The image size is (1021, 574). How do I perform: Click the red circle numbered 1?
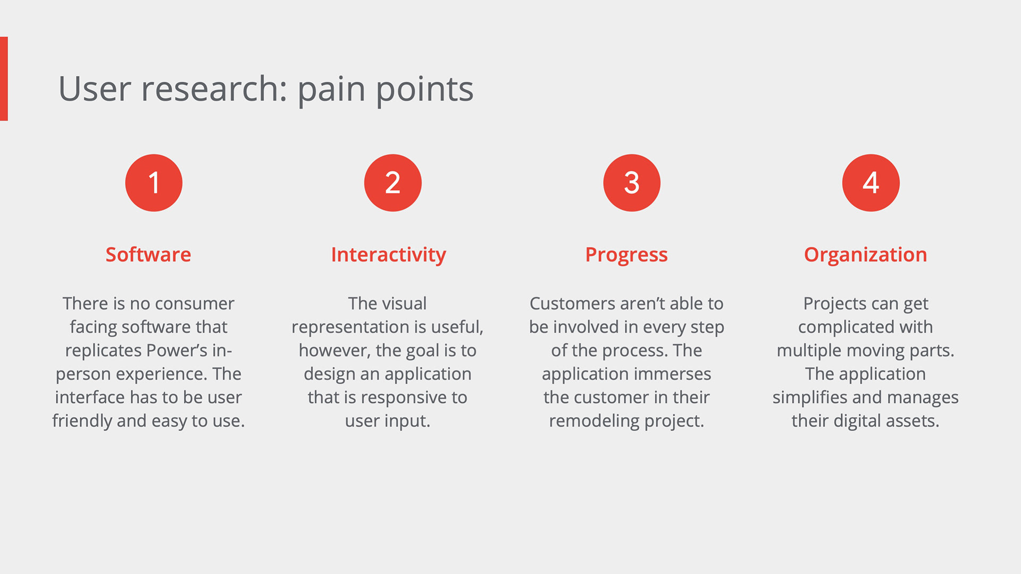coord(154,183)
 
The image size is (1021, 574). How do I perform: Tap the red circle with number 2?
coord(393,183)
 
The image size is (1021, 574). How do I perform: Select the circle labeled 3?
coord(632,183)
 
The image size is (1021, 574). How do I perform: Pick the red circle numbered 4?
coord(871,183)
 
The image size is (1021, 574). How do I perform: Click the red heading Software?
coord(148,255)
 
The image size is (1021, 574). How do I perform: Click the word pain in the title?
coord(332,90)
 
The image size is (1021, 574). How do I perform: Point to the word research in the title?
coord(214,89)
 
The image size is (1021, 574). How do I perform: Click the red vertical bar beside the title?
coord(4,79)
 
